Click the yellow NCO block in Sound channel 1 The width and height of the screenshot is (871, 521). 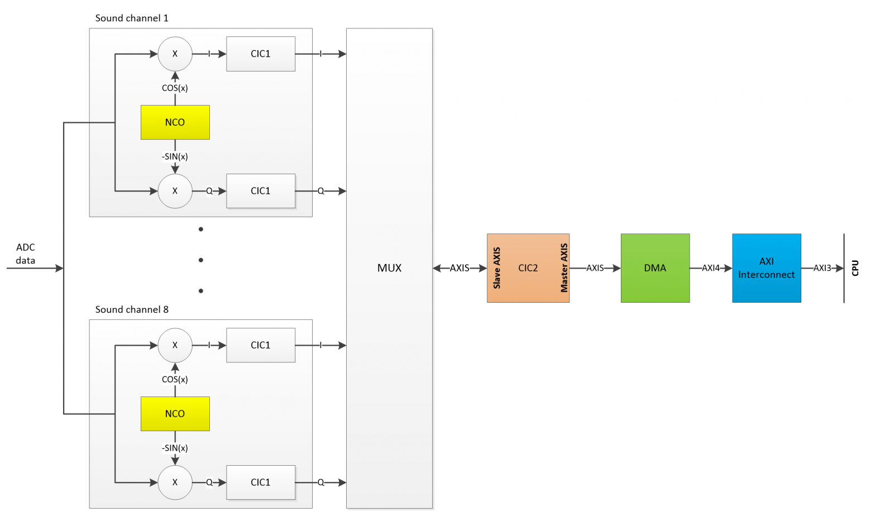click(175, 122)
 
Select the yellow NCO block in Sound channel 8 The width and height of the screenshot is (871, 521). click(175, 414)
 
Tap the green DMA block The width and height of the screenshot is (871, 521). click(655, 268)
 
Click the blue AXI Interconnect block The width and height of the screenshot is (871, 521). click(766, 268)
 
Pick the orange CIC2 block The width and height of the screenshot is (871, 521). click(528, 268)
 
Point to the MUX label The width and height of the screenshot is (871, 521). click(389, 268)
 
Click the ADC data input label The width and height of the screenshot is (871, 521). click(26, 254)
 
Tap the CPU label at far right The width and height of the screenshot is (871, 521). click(855, 268)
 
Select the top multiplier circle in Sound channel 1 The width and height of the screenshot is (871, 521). click(175, 54)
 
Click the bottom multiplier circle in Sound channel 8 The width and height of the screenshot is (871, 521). click(175, 482)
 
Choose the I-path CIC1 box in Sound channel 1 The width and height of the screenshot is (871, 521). click(260, 54)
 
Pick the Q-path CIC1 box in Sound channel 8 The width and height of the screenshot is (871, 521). click(260, 482)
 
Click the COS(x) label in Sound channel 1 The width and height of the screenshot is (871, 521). click(175, 88)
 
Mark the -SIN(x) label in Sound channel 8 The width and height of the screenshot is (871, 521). click(175, 448)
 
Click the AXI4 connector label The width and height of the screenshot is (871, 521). click(711, 268)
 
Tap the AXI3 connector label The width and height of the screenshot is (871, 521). click(822, 268)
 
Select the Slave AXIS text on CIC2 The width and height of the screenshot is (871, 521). click(497, 268)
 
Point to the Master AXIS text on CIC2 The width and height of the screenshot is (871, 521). click(564, 268)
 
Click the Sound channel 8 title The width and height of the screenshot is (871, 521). click(132, 309)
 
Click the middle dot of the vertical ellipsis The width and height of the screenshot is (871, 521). click(200, 260)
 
